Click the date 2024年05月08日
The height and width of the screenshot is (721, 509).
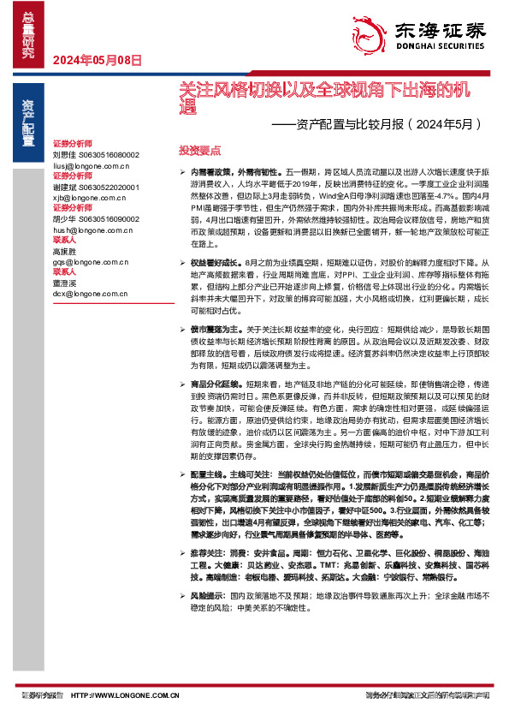tap(97, 59)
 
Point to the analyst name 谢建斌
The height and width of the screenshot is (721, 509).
tap(65, 186)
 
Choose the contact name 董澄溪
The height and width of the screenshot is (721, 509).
tap(65, 282)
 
